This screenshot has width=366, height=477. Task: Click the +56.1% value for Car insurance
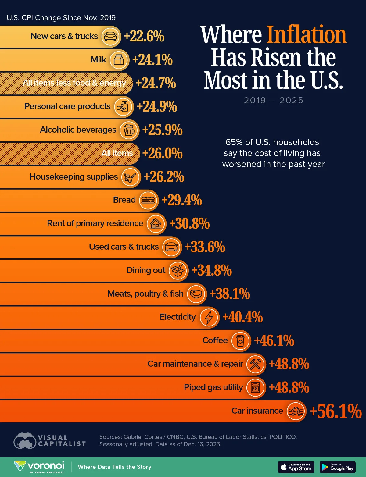pos(335,411)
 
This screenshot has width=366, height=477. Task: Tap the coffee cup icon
pos(240,340)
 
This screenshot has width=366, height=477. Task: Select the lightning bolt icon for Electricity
pos(209,317)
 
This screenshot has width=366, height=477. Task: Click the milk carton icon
pos(119,60)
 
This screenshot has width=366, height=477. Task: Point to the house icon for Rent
pos(156,224)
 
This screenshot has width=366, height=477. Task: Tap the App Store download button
pos(296,467)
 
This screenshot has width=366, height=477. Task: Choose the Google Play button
pos(338,467)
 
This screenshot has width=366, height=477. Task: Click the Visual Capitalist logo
pos(50,441)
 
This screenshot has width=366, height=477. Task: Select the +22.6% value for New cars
pos(144,36)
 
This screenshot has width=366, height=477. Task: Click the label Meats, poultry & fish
pos(145,294)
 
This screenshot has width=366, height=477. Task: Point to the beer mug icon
pos(129,130)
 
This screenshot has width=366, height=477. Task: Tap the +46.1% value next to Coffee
pos(274,341)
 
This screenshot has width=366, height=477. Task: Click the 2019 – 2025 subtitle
pos(273,101)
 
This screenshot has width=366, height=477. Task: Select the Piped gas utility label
pos(213,387)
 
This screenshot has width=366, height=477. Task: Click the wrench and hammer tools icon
pos(255,364)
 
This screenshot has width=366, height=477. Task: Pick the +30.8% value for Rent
pos(189,224)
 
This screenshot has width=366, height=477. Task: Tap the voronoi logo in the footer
pos(40,467)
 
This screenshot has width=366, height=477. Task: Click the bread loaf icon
pos(148,200)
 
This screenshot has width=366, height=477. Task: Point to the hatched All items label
pos(117,153)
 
